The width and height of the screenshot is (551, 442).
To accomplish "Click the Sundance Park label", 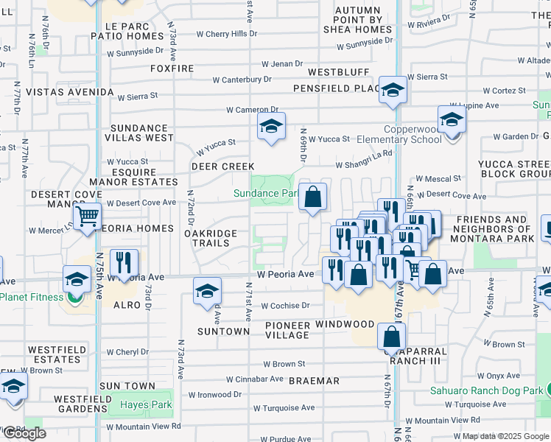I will tap(266, 194).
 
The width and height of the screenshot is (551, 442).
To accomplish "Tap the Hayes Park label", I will tap(146, 404).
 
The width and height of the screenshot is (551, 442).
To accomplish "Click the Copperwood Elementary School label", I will tap(399, 139).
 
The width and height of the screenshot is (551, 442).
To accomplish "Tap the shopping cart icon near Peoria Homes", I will tap(87, 217).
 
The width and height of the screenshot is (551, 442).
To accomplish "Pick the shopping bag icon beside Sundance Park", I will tap(313, 197).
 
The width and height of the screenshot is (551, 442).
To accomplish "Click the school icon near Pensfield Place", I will tap(393, 91).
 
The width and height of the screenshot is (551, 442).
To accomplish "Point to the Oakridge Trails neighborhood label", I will tap(210, 238).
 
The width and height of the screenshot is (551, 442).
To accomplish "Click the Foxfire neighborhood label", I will tap(172, 69).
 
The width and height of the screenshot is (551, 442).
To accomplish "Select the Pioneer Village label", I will tap(287, 329).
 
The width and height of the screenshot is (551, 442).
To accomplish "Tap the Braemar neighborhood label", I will tap(314, 381).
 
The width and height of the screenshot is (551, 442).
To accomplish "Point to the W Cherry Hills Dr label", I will tap(227, 34).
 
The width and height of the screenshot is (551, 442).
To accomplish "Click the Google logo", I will tap(24, 433).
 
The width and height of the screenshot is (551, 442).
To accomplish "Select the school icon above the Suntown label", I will tap(207, 290).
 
